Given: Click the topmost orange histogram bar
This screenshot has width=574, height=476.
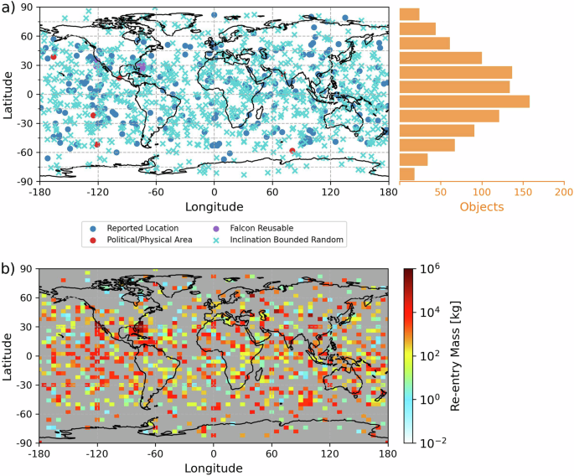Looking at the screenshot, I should point(410,13).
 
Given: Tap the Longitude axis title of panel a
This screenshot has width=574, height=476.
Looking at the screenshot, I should point(214,206).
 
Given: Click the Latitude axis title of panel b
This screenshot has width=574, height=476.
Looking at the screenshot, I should point(8,354).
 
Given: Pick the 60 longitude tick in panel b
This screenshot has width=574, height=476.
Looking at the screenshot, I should point(272,451).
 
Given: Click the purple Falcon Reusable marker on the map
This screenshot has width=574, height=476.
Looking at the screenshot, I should point(142,67).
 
